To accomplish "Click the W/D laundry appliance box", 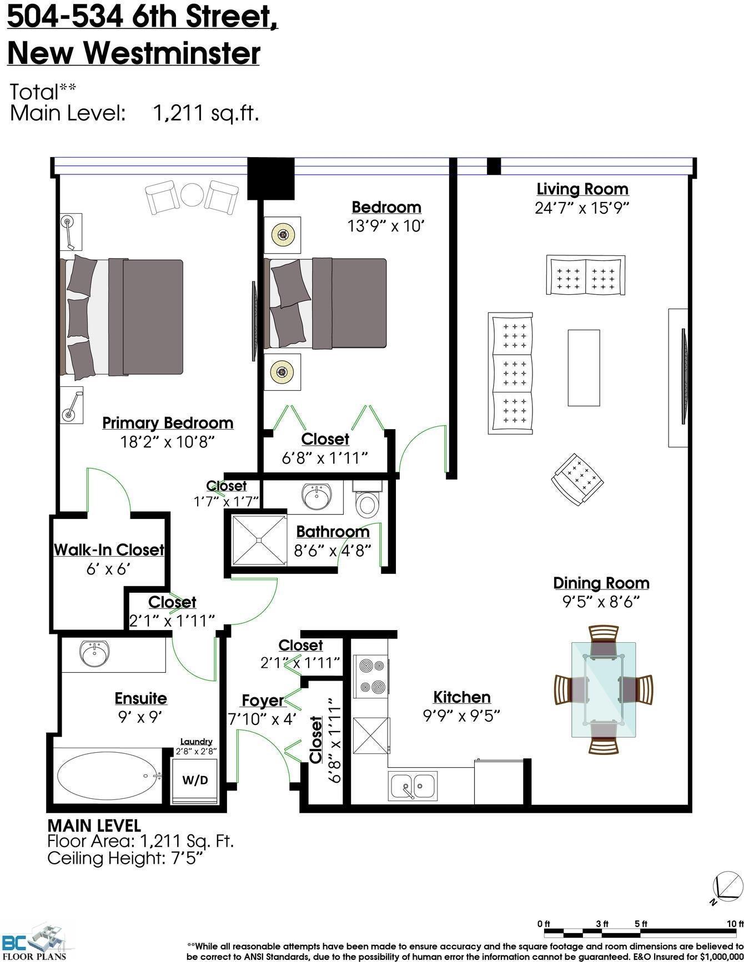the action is click(x=195, y=779).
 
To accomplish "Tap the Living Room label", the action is click(x=582, y=189).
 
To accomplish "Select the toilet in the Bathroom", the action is click(x=366, y=499).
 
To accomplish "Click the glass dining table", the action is click(x=604, y=689).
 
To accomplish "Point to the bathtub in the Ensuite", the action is click(x=107, y=776).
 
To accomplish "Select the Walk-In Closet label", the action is click(x=109, y=550).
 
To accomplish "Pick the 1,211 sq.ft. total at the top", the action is click(x=206, y=113).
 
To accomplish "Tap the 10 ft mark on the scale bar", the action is click(x=735, y=924).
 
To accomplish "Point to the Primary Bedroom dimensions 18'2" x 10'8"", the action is click(x=167, y=442).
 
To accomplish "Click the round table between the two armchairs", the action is click(x=192, y=195).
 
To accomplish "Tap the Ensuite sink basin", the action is click(x=95, y=653).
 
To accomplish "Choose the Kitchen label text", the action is click(x=462, y=697).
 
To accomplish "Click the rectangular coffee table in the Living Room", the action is click(x=584, y=367).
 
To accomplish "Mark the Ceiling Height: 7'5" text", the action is click(x=125, y=858).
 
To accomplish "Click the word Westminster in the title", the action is click(x=172, y=54).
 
